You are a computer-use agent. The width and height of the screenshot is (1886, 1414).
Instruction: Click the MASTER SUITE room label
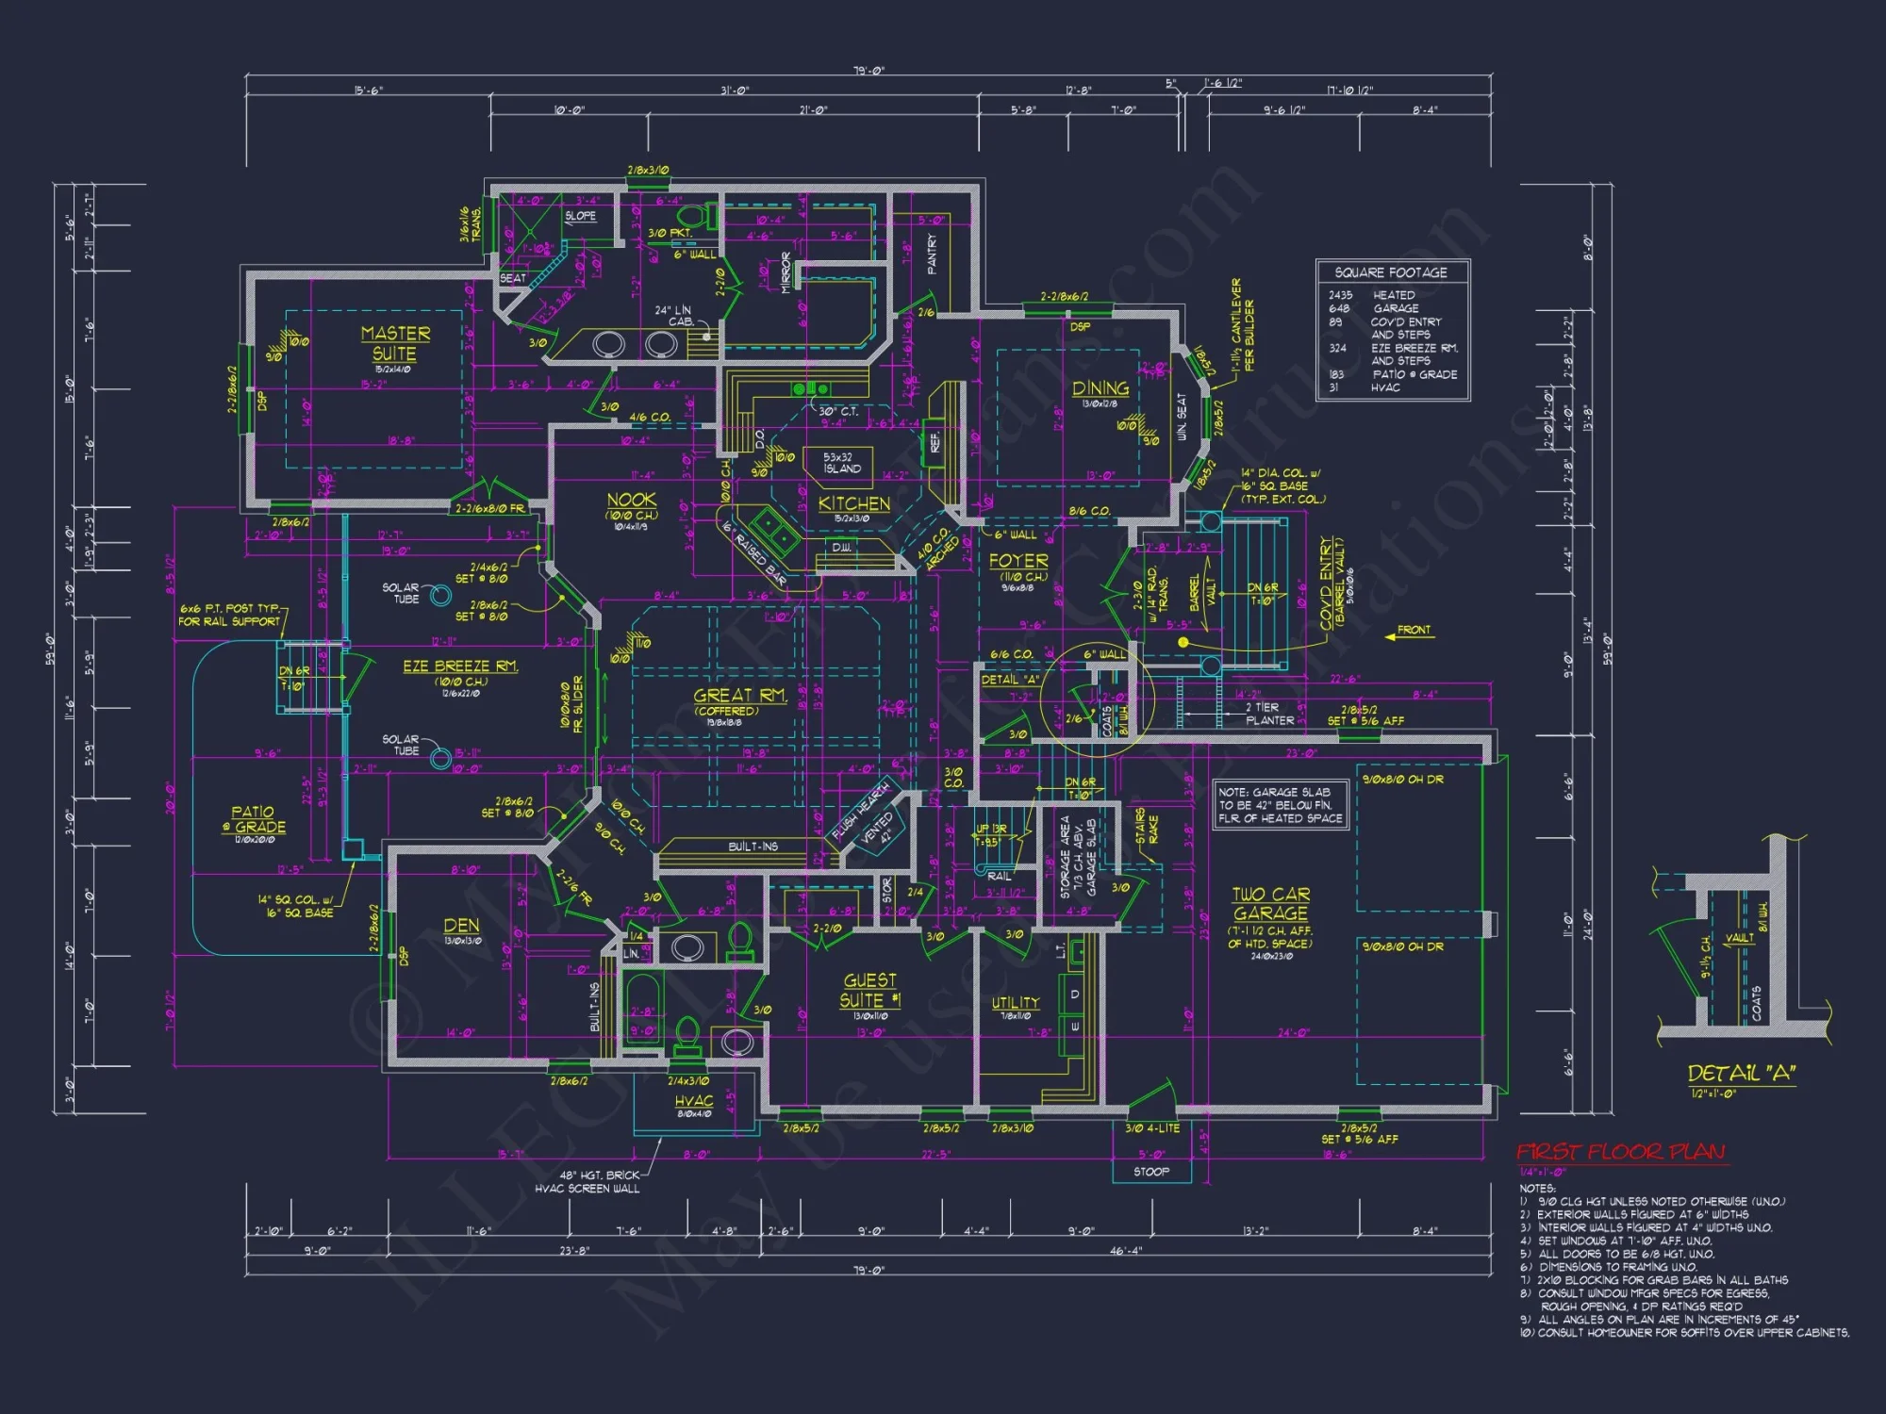tap(395, 344)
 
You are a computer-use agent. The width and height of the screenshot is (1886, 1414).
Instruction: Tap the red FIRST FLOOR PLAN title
tap(1620, 1152)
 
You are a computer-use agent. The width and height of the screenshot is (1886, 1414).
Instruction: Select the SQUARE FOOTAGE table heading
tap(1390, 272)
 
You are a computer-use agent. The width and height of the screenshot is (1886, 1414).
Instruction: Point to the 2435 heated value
tap(1340, 295)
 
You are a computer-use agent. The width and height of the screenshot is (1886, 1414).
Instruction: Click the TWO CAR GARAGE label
tap(1270, 904)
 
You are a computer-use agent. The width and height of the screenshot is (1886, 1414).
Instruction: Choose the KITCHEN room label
tap(853, 503)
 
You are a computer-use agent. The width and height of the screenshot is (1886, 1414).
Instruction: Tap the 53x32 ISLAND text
tap(840, 463)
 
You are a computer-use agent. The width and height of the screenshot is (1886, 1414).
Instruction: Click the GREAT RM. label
tap(739, 696)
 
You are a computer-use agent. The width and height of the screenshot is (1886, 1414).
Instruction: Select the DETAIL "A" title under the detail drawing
tap(1741, 1074)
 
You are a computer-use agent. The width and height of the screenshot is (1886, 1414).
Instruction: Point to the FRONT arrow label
tap(1413, 630)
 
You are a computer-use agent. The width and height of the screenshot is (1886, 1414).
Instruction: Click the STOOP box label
tap(1150, 1172)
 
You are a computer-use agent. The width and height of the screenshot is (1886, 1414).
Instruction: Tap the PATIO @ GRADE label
tap(254, 819)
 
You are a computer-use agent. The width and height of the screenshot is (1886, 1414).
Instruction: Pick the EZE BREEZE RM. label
tap(460, 666)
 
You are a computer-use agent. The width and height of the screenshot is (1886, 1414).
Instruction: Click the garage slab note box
tap(1280, 805)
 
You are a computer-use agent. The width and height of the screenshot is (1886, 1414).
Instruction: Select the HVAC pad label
tap(694, 1101)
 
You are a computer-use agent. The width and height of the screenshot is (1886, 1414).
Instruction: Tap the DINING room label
tap(1100, 388)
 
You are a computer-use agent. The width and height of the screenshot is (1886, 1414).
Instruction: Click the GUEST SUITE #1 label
tap(869, 991)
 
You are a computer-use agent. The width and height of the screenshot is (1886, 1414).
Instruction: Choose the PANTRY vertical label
tap(932, 255)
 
